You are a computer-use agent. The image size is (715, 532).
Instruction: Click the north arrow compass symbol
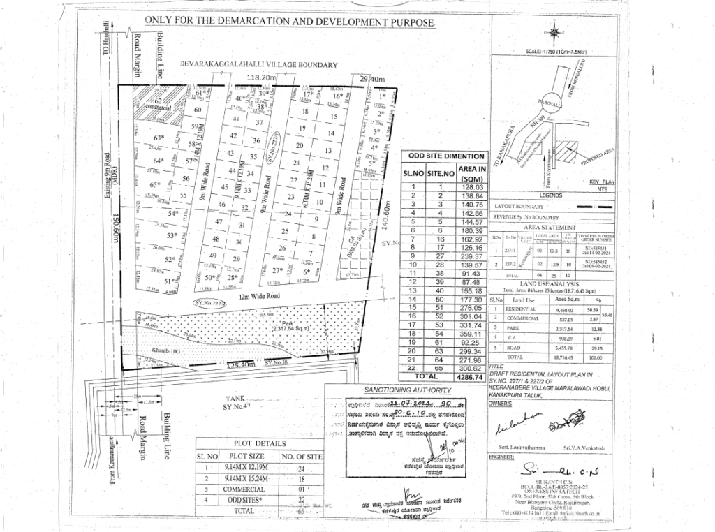tap(553, 31)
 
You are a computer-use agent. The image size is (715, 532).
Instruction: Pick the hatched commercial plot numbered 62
tap(159, 105)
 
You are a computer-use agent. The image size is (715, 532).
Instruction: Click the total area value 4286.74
tap(470, 376)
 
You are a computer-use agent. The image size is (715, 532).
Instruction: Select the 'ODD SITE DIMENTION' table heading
tap(444, 156)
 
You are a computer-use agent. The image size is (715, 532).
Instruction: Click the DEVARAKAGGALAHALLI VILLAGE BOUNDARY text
tap(258, 65)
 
